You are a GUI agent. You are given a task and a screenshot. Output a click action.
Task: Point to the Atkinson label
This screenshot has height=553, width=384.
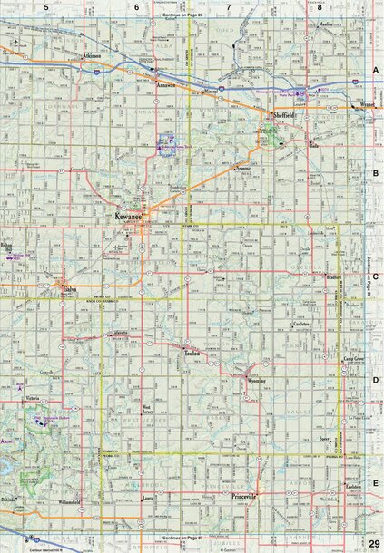click(92, 55)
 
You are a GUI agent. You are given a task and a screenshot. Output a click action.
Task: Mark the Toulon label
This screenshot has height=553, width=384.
click(192, 350)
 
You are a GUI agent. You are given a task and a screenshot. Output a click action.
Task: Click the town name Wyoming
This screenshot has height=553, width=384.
click(257, 382)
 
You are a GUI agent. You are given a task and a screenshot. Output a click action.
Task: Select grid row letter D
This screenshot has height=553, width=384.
click(375, 381)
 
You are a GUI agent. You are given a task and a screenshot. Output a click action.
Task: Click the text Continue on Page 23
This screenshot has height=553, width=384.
click(182, 16)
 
